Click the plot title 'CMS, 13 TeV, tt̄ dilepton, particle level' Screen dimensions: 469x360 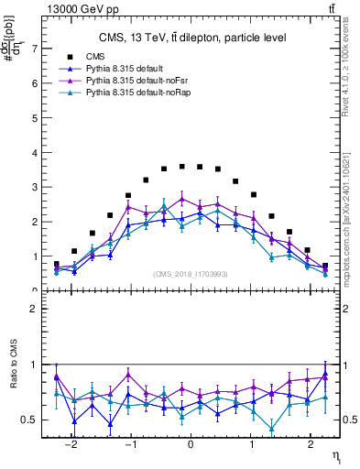[x=192, y=38]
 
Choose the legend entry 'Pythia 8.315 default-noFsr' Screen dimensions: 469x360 [x=145, y=82]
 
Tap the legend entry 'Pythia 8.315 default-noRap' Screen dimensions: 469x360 [x=147, y=93]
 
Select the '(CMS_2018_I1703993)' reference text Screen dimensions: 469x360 [x=191, y=274]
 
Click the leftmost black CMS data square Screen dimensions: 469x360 [x=57, y=265]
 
